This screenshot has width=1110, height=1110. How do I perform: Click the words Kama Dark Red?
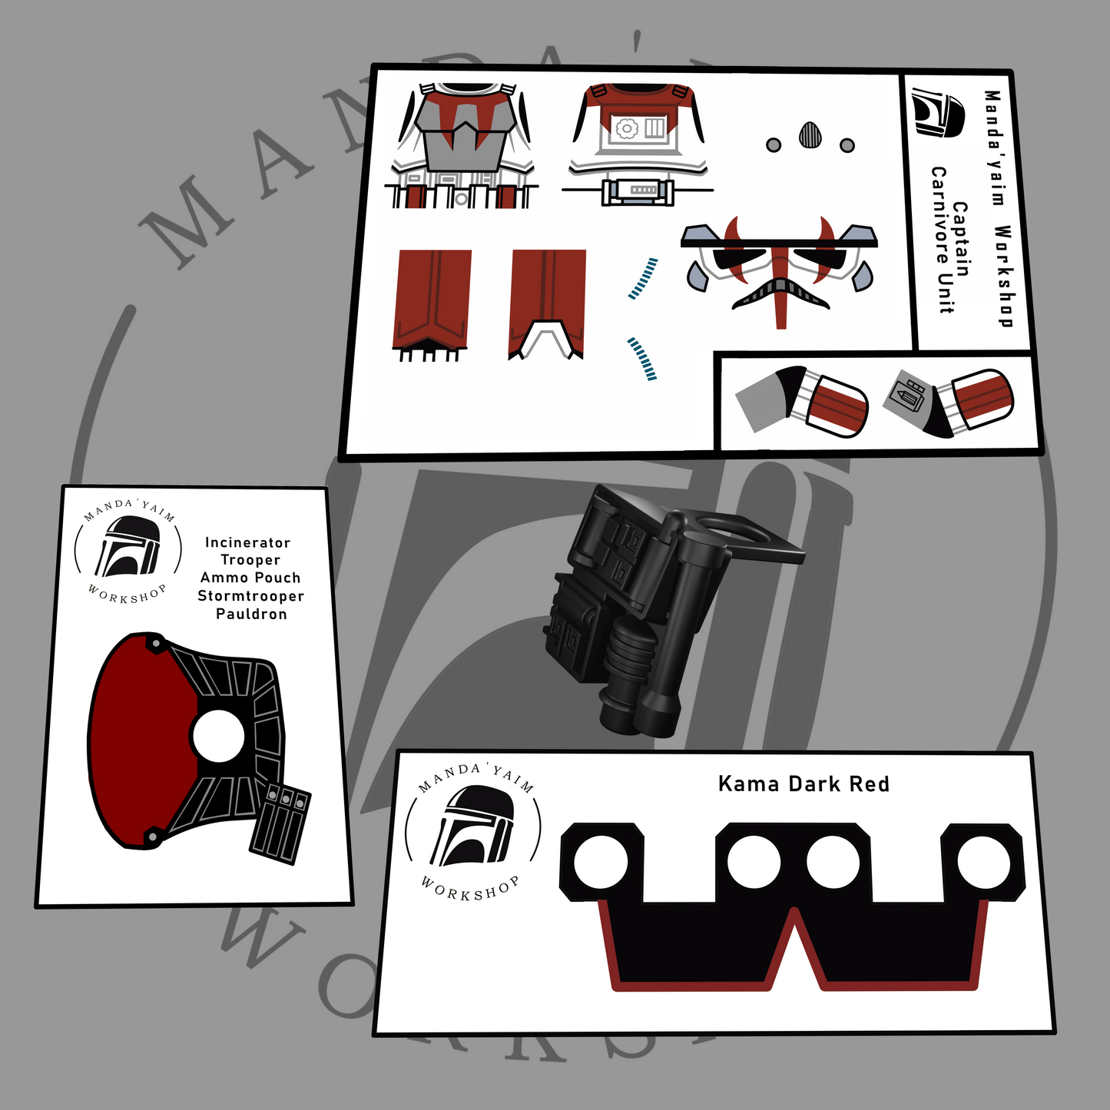click(804, 784)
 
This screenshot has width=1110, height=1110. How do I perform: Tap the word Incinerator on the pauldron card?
click(247, 542)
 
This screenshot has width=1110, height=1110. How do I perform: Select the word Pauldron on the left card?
click(251, 614)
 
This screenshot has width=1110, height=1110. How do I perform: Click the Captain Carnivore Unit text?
click(951, 240)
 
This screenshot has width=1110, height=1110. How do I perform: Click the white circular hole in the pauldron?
click(218, 736)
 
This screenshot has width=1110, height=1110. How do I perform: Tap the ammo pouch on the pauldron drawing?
click(280, 823)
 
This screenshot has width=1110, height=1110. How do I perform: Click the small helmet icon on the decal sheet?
click(938, 112)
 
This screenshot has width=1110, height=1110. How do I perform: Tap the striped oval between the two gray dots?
click(810, 136)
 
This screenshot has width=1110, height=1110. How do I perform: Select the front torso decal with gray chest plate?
click(462, 145)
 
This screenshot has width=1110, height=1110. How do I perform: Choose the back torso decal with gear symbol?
click(638, 144)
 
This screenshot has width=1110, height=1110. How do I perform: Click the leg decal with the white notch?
click(547, 305)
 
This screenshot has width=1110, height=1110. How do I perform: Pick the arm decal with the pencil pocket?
click(948, 402)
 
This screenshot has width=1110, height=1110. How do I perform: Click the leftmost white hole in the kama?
click(600, 863)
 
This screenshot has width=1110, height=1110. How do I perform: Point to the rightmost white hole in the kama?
click(984, 863)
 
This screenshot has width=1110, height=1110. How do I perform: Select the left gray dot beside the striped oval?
click(774, 144)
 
